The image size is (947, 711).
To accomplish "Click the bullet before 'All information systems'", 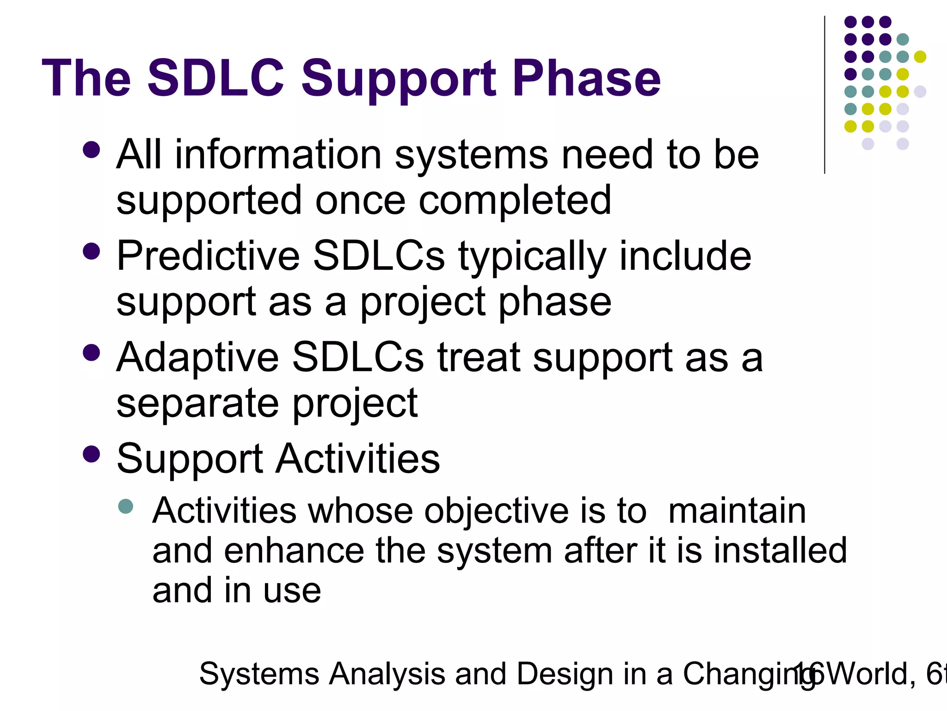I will [x=92, y=150].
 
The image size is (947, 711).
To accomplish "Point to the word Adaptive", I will [x=197, y=357].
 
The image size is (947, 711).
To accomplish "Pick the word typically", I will [x=532, y=257].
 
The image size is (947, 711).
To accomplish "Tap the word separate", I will [x=197, y=404].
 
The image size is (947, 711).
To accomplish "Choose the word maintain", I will [x=737, y=511].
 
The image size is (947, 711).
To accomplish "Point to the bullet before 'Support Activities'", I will [x=92, y=454].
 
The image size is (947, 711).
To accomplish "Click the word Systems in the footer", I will [x=259, y=674].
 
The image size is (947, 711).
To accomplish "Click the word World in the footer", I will [x=869, y=674].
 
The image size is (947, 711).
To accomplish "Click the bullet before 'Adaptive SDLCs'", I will [x=92, y=353].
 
